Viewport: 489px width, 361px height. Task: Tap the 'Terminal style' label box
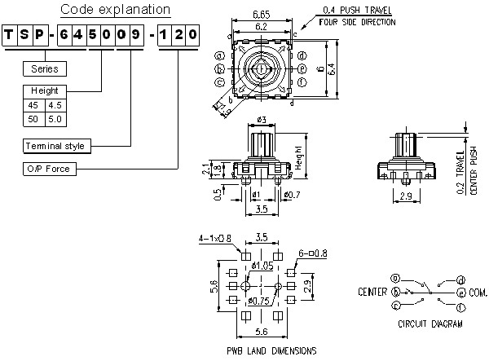coord(55,146)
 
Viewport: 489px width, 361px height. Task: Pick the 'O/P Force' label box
coord(49,169)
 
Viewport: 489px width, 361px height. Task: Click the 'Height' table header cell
coord(45,90)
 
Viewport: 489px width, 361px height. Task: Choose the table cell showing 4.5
coord(55,104)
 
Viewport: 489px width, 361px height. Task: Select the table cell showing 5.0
coord(55,118)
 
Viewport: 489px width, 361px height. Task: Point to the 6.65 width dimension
coord(262,15)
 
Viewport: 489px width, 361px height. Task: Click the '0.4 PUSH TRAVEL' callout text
coord(359,10)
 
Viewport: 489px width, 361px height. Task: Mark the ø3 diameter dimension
coord(262,121)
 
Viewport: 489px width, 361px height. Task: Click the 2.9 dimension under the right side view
coord(405,196)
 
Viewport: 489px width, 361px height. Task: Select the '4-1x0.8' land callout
coord(214,239)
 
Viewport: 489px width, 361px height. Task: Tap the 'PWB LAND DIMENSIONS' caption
coord(271,350)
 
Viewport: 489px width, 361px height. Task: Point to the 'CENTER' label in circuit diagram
coord(372,291)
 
